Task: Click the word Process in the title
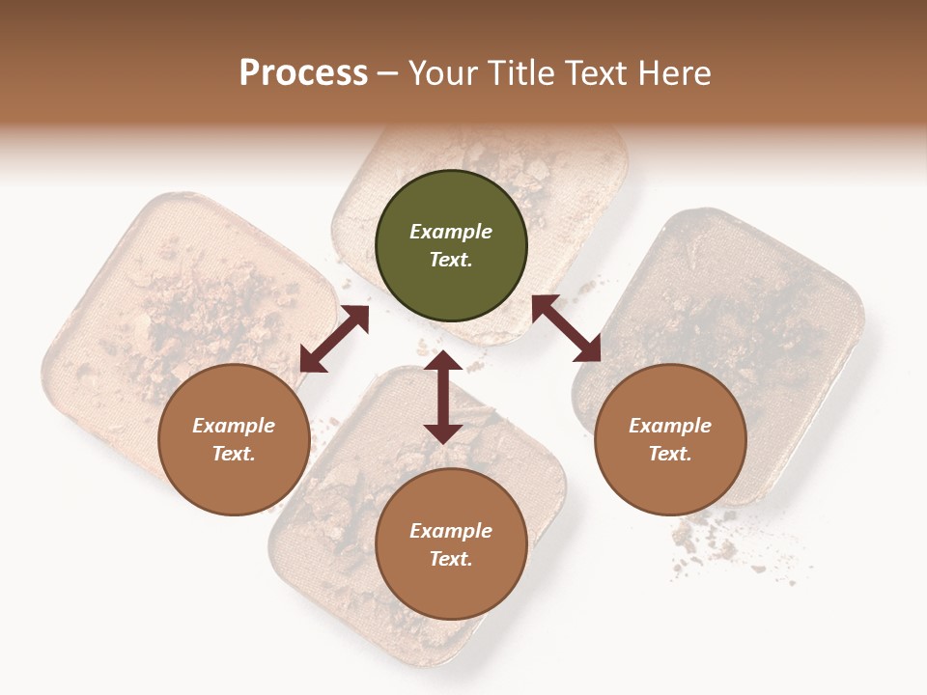(x=303, y=73)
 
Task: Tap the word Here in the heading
(x=671, y=73)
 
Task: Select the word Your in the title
(x=445, y=73)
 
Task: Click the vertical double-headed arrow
(x=443, y=397)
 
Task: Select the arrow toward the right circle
(x=566, y=328)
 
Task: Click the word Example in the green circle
(x=451, y=232)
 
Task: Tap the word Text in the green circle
(x=450, y=260)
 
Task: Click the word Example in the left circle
(x=234, y=426)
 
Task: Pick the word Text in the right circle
(x=670, y=454)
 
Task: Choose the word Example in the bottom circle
(x=451, y=531)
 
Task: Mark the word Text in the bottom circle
(x=450, y=559)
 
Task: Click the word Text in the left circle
(x=234, y=454)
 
